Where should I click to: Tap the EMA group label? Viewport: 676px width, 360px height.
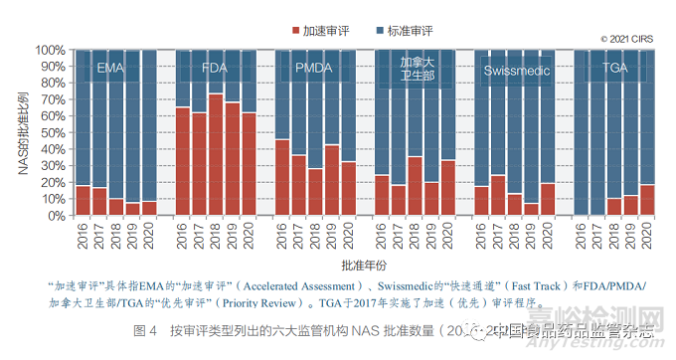110,69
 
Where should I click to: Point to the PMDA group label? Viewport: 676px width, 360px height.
313,69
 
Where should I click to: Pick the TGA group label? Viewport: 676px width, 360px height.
615,69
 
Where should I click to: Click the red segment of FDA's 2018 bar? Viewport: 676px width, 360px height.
215,154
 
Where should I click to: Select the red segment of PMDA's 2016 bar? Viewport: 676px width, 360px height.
282,177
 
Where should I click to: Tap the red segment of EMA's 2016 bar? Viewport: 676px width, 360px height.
84,200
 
